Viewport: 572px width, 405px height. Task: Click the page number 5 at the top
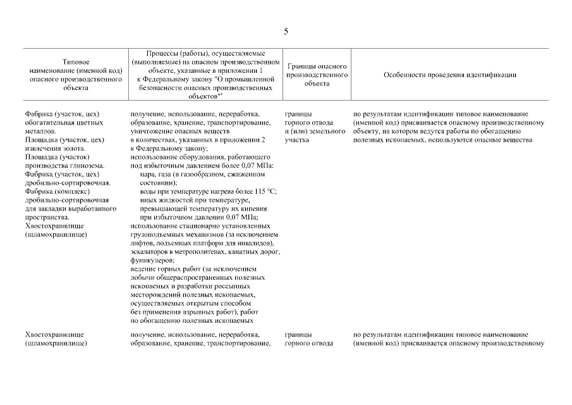(286, 32)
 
